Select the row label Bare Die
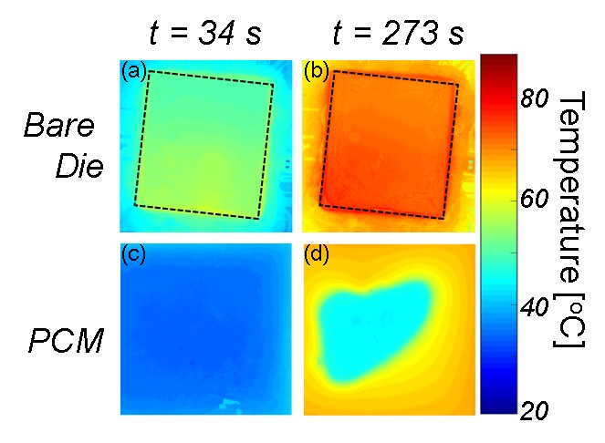(x=64, y=145)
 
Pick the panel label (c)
(x=133, y=257)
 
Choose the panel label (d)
(x=316, y=257)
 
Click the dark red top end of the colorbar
(x=499, y=60)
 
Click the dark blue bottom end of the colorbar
(x=499, y=408)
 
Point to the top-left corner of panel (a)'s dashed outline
(x=150, y=71)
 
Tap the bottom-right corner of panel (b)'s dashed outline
(x=443, y=219)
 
